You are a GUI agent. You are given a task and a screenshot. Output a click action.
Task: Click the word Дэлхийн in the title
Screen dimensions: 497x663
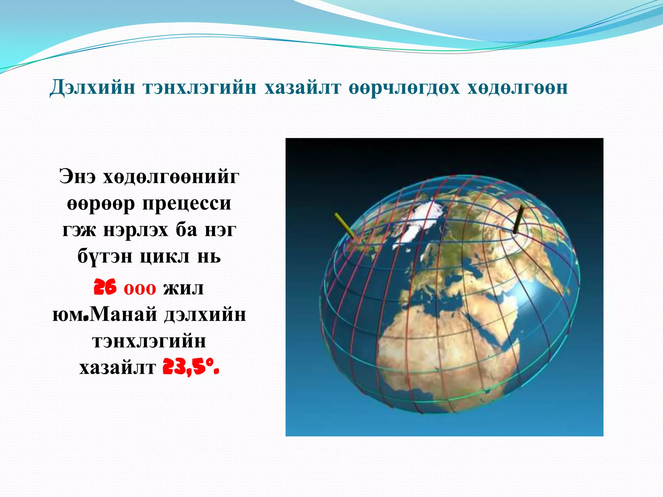coord(92,88)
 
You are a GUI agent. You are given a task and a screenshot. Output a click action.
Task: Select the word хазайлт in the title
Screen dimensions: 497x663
coord(303,88)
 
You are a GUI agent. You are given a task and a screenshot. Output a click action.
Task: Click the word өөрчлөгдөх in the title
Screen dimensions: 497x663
coord(404,88)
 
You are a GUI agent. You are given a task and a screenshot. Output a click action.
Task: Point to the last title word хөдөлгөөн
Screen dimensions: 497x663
coord(517,88)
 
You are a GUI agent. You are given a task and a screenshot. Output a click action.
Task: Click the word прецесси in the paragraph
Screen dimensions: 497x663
coord(187,204)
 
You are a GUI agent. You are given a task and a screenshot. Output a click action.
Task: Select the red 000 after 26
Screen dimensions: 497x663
coord(140,289)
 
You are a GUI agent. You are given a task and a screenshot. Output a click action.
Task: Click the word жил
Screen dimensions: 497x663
coord(183,288)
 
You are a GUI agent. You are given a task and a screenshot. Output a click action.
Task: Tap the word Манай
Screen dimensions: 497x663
coord(123,314)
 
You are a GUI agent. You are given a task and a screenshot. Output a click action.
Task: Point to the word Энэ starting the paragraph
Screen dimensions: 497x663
coord(78,177)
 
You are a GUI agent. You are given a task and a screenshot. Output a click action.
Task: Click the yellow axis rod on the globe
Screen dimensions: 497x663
coord(344,225)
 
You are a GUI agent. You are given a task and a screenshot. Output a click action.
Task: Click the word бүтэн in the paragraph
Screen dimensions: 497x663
coord(105,257)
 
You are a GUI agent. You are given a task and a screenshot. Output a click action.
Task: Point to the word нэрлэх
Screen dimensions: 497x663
coord(136,230)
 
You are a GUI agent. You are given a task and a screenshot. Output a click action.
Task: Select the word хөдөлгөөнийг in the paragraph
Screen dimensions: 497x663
coord(171,177)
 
